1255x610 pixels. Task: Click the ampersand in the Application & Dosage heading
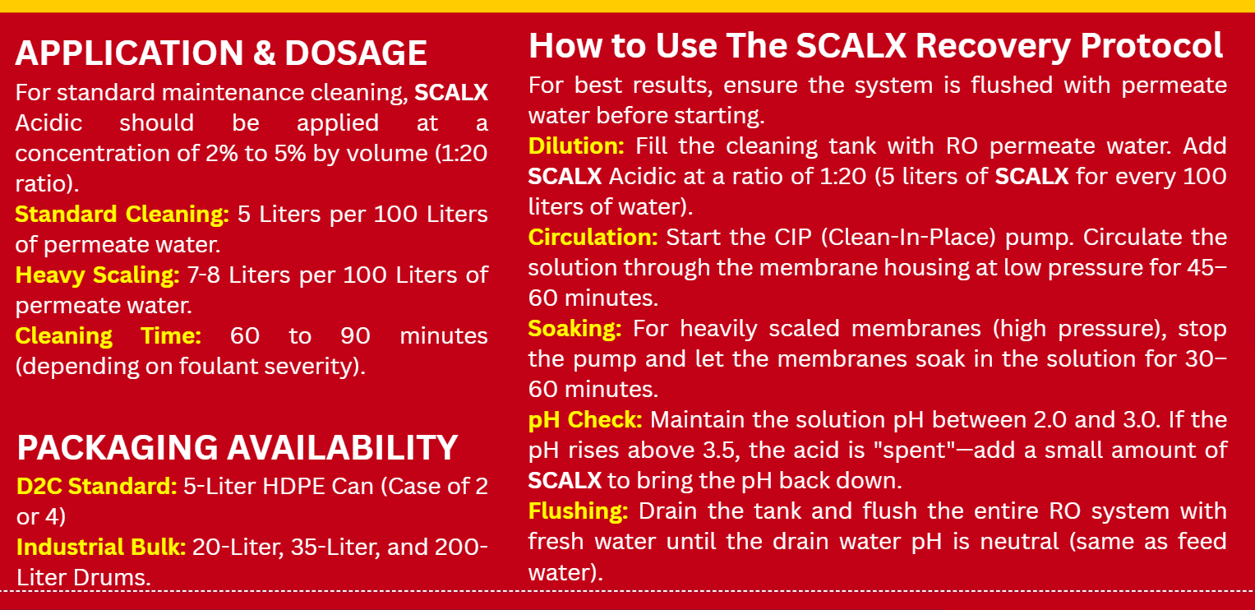[x=263, y=53]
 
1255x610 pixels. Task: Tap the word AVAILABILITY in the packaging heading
[x=342, y=448]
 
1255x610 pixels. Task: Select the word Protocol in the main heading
[x=1151, y=46]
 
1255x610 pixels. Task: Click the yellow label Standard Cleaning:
[x=122, y=215]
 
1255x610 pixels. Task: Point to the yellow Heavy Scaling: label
[x=98, y=275]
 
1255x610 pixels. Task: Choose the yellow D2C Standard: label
[x=97, y=486]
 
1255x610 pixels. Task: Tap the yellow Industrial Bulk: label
[x=101, y=548]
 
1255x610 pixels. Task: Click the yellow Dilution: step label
[x=576, y=146]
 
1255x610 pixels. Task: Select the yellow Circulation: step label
[x=593, y=238]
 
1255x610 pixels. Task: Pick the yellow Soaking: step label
[x=574, y=329]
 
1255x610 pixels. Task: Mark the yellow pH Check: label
[x=585, y=420]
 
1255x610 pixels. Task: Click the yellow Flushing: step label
[x=579, y=511]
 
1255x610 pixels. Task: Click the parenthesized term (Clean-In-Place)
[x=908, y=238]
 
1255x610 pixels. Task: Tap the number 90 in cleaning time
[x=355, y=336]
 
